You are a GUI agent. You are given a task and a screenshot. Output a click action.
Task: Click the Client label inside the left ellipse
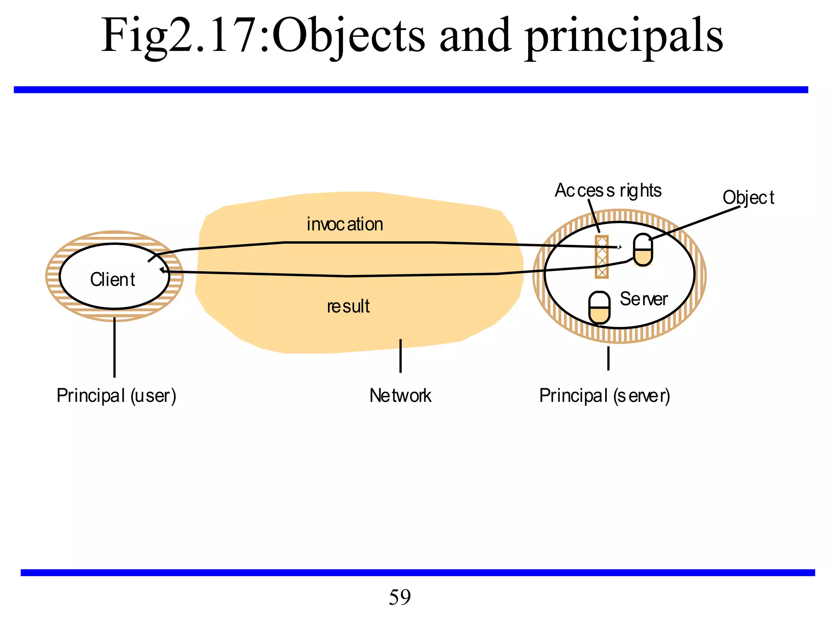click(x=113, y=279)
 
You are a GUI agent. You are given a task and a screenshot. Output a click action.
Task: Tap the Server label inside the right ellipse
click(x=643, y=299)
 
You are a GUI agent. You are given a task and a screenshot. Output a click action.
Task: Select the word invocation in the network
click(x=345, y=224)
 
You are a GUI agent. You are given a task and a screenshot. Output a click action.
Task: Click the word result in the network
click(x=348, y=306)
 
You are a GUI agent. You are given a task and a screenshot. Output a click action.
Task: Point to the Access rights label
click(x=608, y=190)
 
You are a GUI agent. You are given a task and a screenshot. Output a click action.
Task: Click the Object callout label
click(x=748, y=198)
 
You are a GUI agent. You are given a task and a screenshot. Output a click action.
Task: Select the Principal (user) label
click(x=116, y=395)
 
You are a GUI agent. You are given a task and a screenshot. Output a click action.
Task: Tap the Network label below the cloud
click(x=400, y=395)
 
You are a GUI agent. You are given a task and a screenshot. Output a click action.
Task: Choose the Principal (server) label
click(x=604, y=395)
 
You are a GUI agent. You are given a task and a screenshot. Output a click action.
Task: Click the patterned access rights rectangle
click(x=602, y=257)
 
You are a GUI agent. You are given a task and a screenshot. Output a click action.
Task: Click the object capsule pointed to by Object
click(x=643, y=250)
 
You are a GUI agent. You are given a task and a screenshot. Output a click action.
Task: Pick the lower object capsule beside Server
click(x=599, y=308)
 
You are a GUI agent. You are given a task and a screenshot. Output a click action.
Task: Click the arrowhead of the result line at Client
click(x=162, y=270)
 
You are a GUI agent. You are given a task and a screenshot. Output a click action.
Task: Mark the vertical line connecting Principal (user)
click(x=115, y=348)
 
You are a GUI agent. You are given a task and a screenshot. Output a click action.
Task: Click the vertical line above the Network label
click(x=400, y=356)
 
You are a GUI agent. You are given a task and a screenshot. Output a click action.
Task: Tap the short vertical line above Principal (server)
click(x=608, y=358)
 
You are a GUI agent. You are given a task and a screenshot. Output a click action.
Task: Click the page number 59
click(x=400, y=597)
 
